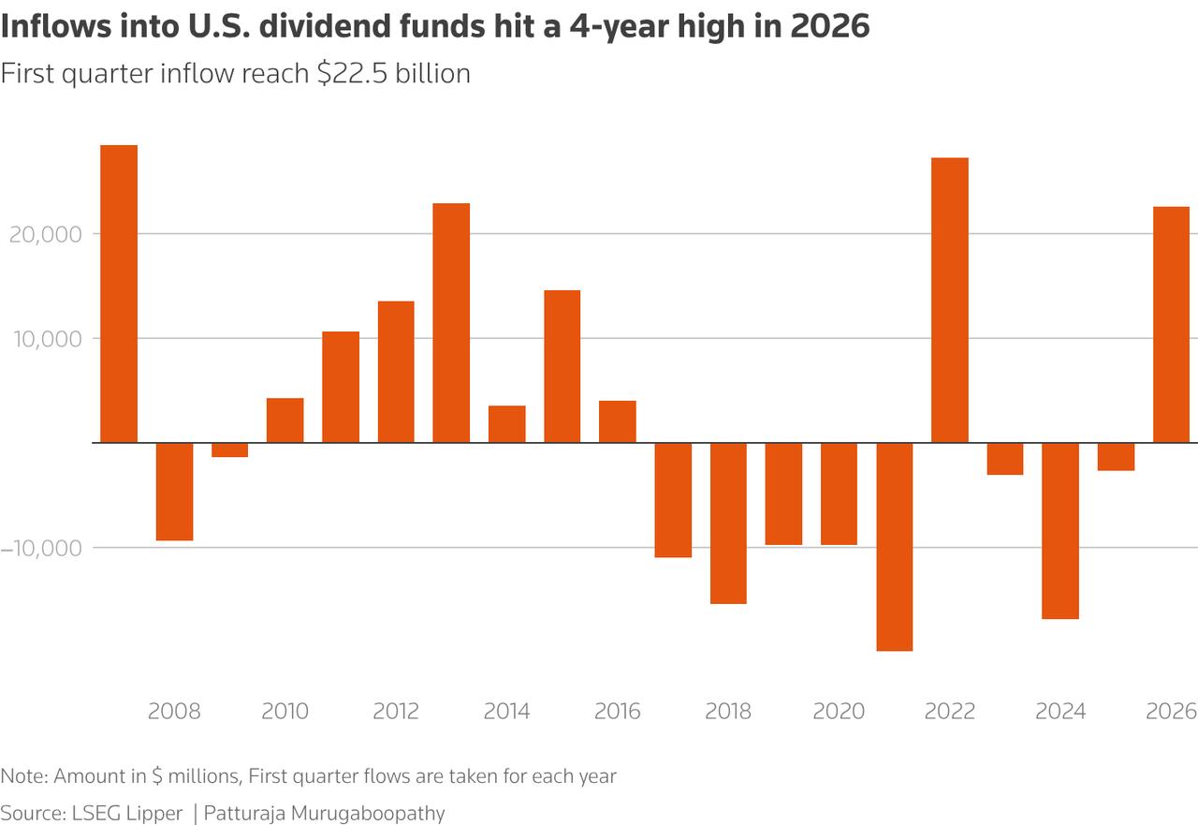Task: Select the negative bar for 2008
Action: point(174,492)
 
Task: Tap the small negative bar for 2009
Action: point(229,450)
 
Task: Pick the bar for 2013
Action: point(451,323)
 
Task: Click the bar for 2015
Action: point(562,366)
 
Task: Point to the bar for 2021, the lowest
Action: point(894,547)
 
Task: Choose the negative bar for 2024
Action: point(1059,531)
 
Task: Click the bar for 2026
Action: point(1171,324)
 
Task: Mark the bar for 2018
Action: point(728,523)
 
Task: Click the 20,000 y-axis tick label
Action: point(45,234)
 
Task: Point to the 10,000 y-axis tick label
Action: point(45,339)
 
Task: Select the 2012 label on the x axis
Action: point(396,712)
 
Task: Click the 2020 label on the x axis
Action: point(839,712)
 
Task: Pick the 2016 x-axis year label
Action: point(618,712)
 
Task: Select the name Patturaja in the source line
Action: point(246,812)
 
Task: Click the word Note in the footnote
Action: point(23,776)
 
